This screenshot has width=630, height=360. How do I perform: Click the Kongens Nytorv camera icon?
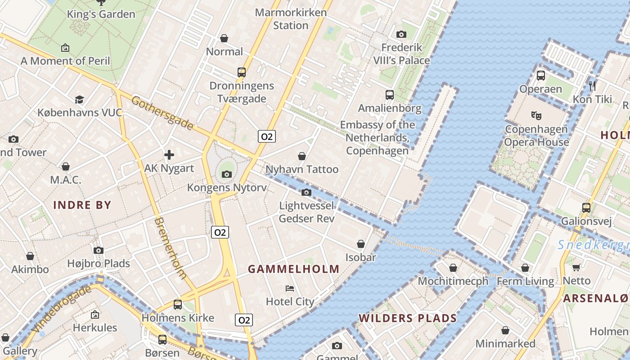226,174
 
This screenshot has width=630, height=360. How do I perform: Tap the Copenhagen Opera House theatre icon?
536,115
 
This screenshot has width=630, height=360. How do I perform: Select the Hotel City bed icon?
290,288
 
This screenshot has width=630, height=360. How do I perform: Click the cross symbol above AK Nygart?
169,155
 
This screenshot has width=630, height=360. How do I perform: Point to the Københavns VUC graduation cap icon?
79,99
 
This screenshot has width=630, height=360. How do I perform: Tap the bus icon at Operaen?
541,76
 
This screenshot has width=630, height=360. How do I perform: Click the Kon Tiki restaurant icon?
592,85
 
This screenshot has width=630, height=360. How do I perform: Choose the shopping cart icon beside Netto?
576,268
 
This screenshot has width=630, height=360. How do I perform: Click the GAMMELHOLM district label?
294,269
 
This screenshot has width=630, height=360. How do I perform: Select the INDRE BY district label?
82,205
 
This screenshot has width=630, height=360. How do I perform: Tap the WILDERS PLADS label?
407,318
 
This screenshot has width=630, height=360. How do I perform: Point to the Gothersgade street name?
162,113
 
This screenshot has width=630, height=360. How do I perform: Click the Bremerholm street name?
170,248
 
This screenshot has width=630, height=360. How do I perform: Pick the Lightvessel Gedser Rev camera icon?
306,193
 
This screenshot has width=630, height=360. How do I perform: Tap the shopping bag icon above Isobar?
361,244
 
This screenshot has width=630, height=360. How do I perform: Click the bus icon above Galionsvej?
586,208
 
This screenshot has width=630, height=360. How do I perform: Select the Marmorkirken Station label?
291,18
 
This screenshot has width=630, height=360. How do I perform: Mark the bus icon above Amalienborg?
390,95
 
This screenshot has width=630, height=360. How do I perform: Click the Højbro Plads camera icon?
99,250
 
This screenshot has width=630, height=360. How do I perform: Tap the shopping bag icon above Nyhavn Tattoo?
302,156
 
